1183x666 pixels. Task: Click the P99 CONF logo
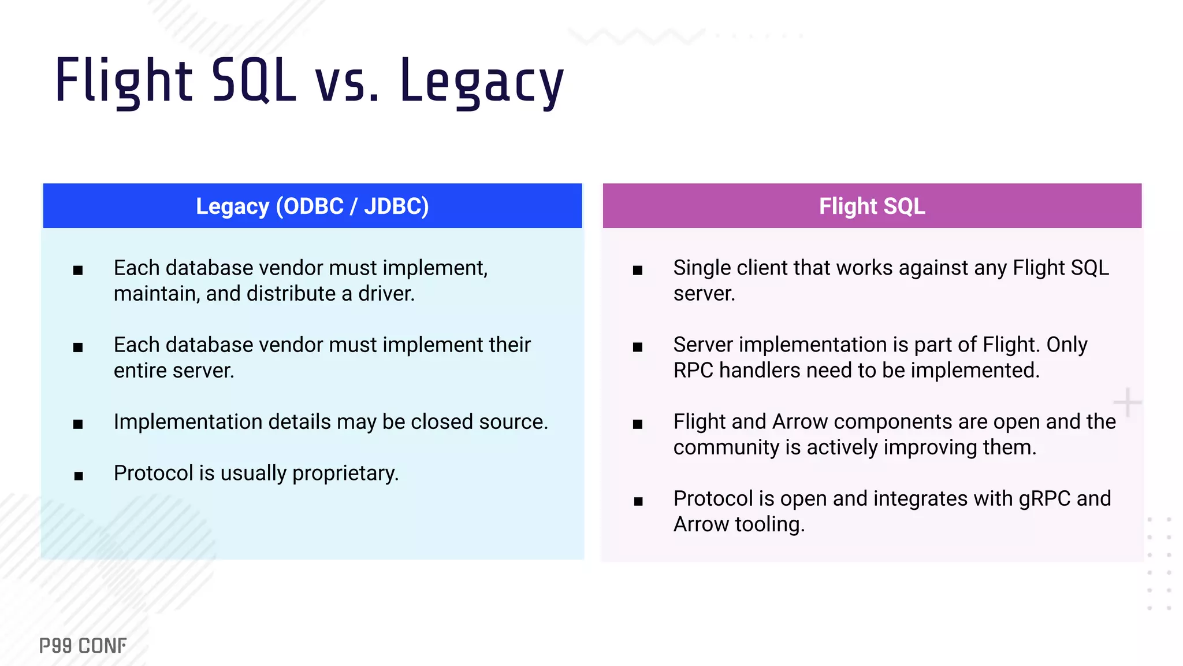pos(83,646)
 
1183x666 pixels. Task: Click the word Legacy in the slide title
pos(481,81)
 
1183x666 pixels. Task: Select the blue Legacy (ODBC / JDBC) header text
pos(312,206)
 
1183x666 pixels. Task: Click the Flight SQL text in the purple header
pos(872,206)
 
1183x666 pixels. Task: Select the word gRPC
pos(1044,499)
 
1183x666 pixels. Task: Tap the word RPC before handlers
pos(693,371)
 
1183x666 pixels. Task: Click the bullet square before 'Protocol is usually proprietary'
pos(79,476)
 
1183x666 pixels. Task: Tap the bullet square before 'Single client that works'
pos(638,270)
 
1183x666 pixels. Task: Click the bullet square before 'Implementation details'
pos(79,424)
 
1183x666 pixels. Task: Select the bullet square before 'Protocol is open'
pos(638,501)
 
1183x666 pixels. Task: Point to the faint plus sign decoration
pos(1127,402)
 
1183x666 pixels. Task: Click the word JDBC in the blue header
pos(395,206)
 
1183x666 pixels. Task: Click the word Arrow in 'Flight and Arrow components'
pos(800,422)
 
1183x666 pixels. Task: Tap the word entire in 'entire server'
pos(138,371)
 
